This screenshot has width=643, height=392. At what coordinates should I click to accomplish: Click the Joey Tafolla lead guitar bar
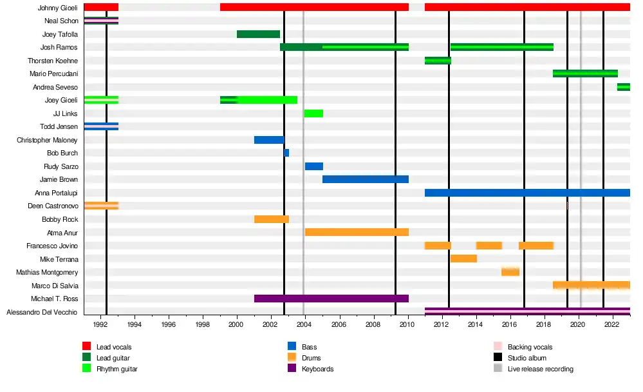(258, 34)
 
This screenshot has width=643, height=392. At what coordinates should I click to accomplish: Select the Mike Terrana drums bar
(463, 259)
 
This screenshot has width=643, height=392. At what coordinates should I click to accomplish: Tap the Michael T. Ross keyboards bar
(331, 299)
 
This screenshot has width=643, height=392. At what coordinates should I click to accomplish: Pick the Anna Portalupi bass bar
(527, 193)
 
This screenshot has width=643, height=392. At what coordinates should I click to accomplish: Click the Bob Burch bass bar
(286, 153)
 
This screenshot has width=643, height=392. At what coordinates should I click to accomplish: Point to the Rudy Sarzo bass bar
(314, 166)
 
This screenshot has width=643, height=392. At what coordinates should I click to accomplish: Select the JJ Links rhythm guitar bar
(313, 113)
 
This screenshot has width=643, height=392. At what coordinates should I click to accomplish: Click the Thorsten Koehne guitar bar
(438, 61)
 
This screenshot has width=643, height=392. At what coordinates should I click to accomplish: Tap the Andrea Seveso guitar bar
(623, 87)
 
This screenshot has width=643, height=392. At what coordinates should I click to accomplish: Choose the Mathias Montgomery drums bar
(510, 272)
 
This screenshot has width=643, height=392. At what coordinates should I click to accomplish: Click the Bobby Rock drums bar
(271, 219)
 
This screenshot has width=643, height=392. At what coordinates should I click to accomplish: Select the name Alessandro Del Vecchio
(42, 312)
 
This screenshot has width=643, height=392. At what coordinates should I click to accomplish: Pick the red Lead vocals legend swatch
(87, 347)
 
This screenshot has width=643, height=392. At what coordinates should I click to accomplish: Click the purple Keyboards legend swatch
(292, 369)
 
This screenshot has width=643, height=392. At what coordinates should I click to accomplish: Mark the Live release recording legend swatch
(498, 369)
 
